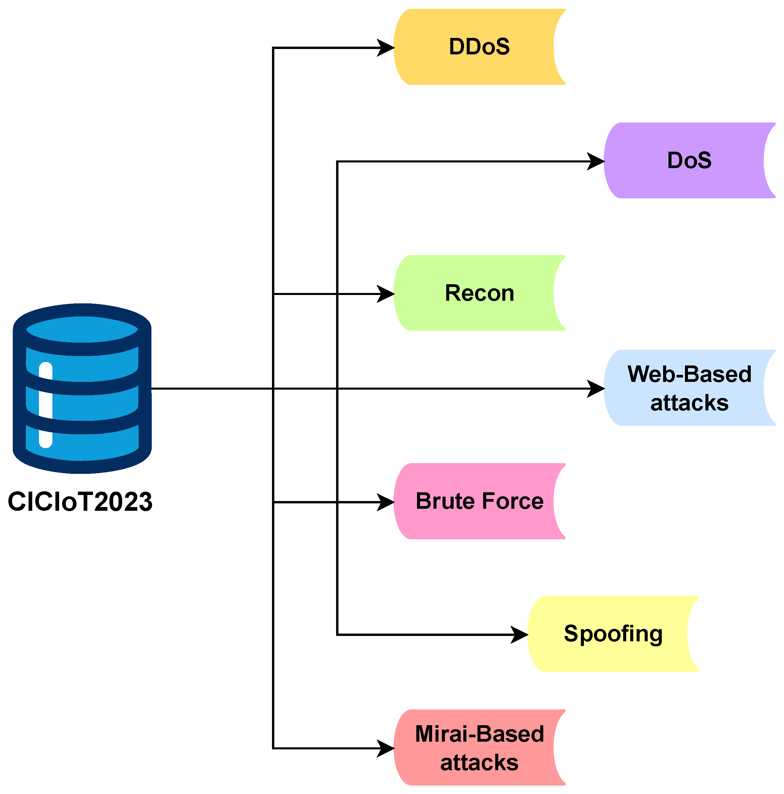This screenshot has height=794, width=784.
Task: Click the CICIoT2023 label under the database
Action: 80,502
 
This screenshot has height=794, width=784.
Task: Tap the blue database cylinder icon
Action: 82,388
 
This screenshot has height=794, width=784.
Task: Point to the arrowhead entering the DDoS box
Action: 386,48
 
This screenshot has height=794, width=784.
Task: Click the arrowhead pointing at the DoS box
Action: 596,161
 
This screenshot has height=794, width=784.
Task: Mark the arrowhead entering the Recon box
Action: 386,294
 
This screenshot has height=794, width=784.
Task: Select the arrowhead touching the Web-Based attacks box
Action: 596,388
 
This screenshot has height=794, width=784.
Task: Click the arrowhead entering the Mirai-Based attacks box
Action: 386,748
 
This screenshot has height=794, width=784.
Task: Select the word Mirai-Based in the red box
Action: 479,734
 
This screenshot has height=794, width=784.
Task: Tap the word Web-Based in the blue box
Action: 689,374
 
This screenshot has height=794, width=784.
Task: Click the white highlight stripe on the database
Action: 46,404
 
